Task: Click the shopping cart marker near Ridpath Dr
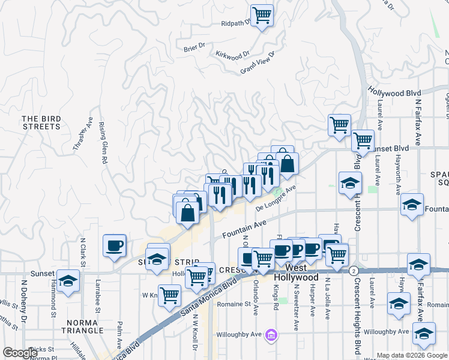(262, 14)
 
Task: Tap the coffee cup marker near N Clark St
(114, 245)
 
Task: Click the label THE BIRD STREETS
(41, 123)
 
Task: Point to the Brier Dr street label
(194, 47)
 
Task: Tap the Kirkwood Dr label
(232, 55)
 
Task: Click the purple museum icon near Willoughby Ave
(271, 334)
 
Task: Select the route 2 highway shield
(354, 271)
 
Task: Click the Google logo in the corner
(20, 353)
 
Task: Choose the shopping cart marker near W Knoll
(170, 295)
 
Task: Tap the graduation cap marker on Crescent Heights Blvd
(350, 183)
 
